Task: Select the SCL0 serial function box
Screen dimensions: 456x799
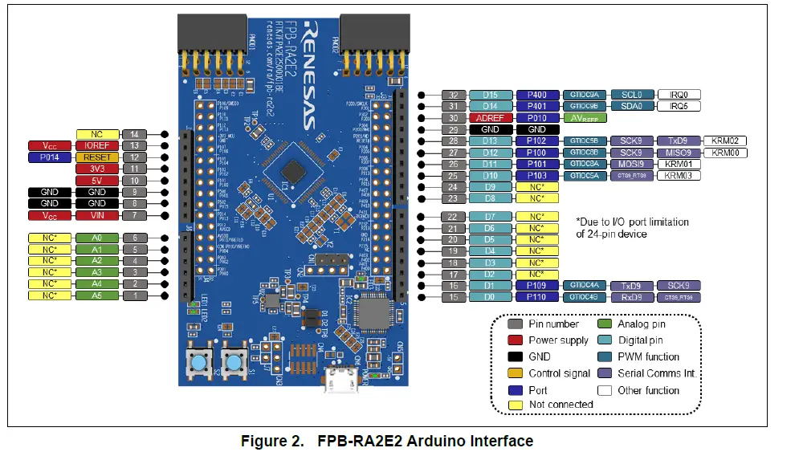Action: [626, 94]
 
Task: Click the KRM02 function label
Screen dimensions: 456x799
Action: [729, 140]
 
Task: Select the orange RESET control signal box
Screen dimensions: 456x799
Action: [97, 157]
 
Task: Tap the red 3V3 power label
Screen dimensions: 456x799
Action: [97, 169]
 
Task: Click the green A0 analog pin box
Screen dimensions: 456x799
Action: [97, 238]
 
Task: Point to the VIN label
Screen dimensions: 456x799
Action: [97, 215]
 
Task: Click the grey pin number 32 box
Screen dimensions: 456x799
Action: [453, 94]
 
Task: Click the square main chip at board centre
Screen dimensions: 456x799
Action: [290, 170]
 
